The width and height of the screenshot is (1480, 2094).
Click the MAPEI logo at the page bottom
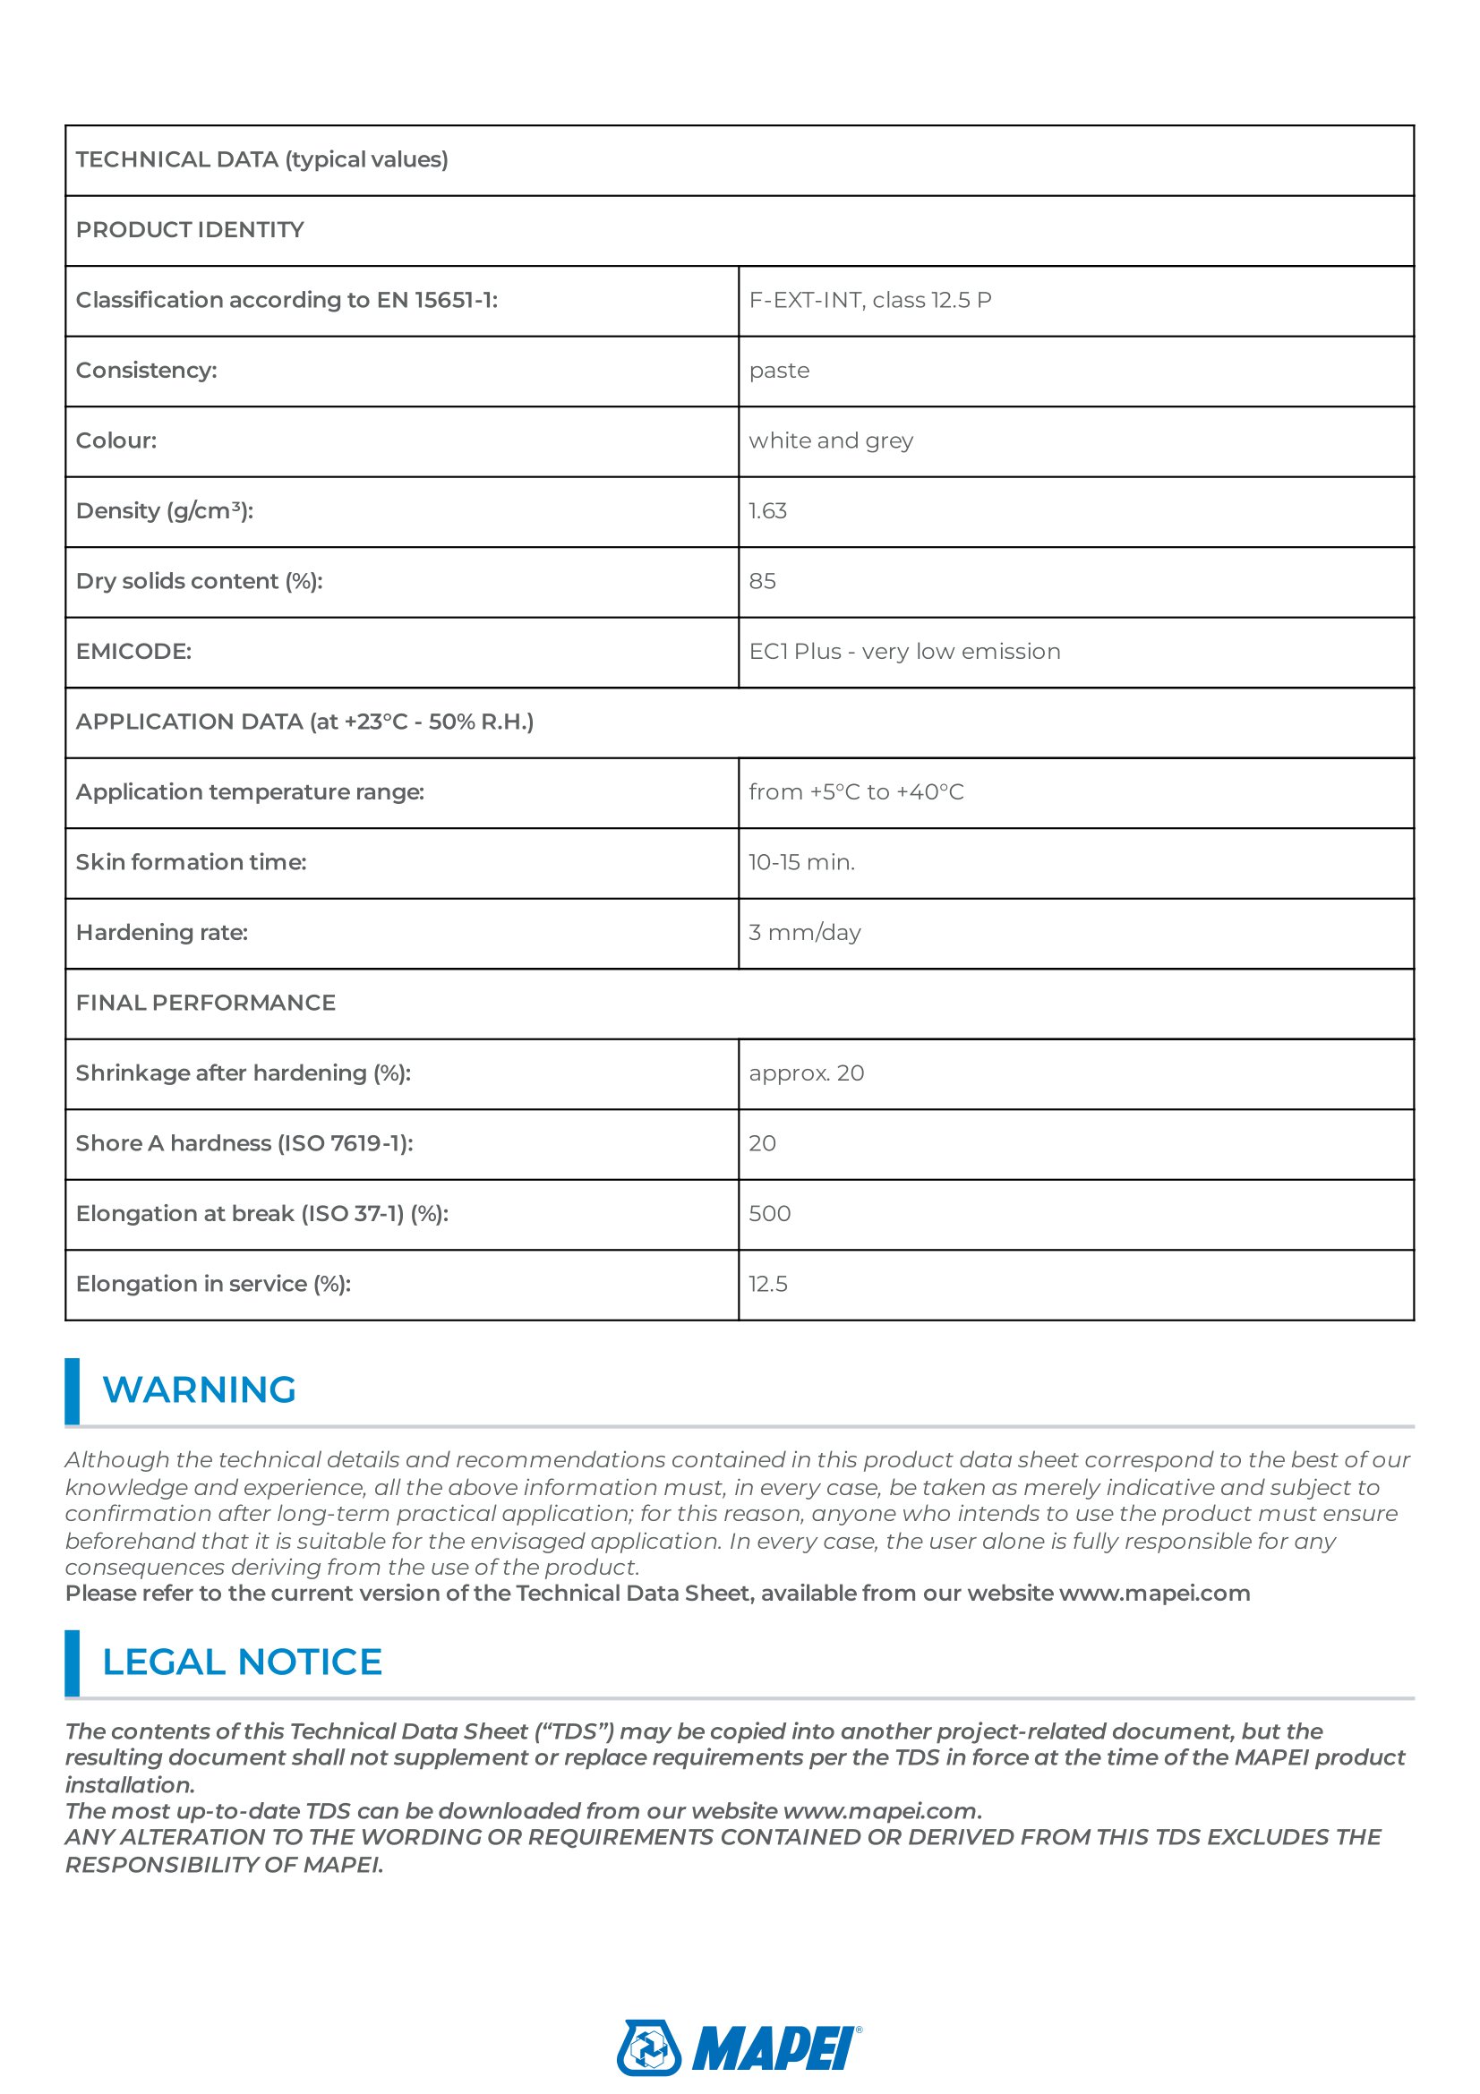coord(739,2047)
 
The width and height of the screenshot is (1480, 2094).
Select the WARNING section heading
coord(199,1390)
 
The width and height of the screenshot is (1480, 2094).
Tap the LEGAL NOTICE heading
coord(242,1662)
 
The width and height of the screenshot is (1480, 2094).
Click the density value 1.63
coord(768,510)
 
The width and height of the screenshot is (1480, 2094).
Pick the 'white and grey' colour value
coord(831,440)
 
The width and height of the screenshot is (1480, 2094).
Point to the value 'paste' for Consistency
coord(779,371)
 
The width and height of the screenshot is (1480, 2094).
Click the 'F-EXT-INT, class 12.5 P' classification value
coord(870,300)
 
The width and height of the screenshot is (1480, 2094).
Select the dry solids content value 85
coord(762,581)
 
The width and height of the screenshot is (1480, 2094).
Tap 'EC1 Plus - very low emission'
coord(904,651)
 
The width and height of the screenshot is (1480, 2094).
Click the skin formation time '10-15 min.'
coord(801,862)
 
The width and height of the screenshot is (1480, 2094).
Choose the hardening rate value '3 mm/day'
coord(804,932)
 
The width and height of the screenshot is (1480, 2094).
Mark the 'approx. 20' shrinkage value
coord(806,1073)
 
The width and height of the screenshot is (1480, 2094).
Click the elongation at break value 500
coord(770,1213)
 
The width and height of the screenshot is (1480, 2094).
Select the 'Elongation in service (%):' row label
coord(213,1283)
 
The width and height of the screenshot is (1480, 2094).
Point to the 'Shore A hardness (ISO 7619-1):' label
coord(244,1142)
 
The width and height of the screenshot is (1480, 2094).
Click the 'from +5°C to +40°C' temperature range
coord(856,791)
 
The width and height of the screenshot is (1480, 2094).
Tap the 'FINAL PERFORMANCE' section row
coord(206,1003)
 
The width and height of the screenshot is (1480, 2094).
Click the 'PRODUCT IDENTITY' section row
coord(190,230)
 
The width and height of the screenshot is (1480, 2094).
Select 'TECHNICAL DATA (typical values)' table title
coord(261,159)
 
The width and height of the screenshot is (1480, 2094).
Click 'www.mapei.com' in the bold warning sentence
coord(1153,1594)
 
